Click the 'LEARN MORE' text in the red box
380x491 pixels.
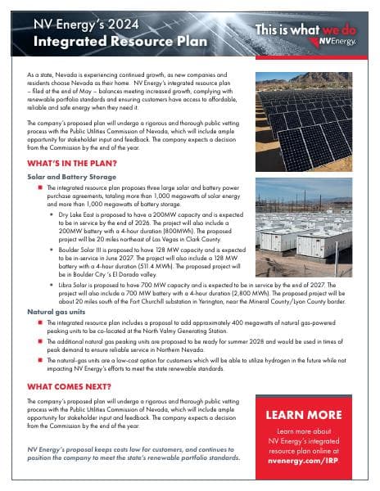[x=304, y=415]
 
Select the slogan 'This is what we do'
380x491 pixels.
[x=307, y=28]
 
